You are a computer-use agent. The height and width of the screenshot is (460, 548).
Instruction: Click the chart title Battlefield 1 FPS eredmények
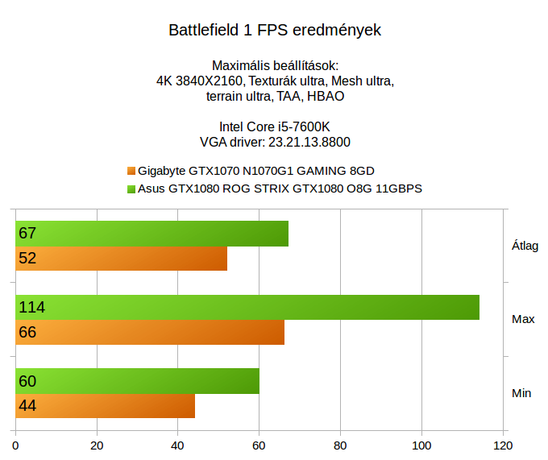pyautogui.click(x=274, y=31)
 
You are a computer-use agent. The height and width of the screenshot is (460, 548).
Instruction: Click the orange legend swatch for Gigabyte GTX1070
pyautogui.click(x=131, y=171)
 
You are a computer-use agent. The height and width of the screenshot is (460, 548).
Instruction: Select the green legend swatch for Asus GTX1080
pyautogui.click(x=131, y=189)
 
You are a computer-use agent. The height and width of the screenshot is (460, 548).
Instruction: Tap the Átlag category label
pyautogui.click(x=525, y=246)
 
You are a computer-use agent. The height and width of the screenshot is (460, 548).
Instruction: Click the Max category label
pyautogui.click(x=523, y=320)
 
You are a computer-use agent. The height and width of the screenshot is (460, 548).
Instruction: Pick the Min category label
pyautogui.click(x=521, y=393)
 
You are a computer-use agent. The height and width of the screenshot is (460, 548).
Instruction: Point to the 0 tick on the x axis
pyautogui.click(x=16, y=444)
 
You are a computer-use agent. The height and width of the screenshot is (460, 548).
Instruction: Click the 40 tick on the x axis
pyautogui.click(x=178, y=444)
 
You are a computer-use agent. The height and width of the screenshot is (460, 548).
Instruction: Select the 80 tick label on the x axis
pyautogui.click(x=340, y=444)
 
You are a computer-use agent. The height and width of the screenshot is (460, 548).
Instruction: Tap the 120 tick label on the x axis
pyautogui.click(x=502, y=444)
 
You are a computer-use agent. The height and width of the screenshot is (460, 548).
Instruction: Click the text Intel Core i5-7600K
pyautogui.click(x=274, y=126)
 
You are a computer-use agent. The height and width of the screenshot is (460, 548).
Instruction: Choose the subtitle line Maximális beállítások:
pyautogui.click(x=274, y=65)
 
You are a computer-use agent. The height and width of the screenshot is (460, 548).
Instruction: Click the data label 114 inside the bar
pyautogui.click(x=31, y=307)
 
